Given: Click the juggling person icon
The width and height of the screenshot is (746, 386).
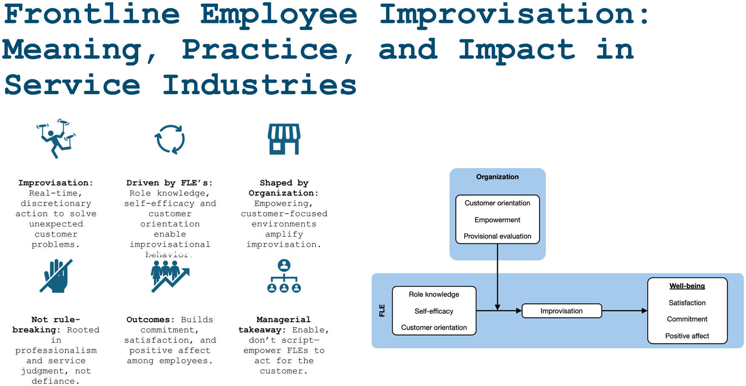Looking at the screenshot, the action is point(56,139).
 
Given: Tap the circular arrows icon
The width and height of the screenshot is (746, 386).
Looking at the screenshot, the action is point(170,139).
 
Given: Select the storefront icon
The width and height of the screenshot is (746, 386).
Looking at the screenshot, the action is point(284,139).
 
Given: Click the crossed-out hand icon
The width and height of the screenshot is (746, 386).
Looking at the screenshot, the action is point(56,276).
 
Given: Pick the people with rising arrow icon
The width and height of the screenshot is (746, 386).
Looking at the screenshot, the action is point(170,276).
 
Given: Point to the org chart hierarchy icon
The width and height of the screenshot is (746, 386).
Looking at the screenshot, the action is point(284,276).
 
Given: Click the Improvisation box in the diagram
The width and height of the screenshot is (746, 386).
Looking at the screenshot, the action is point(562,311).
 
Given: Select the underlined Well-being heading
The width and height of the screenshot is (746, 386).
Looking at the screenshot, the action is point(687,286).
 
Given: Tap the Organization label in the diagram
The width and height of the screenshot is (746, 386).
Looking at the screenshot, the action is point(497,177).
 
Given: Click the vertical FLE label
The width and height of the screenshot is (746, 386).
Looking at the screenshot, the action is point(382,311).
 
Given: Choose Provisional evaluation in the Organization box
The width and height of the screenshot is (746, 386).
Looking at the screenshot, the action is point(497,236).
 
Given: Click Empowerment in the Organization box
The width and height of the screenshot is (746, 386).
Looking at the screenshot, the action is point(497,220).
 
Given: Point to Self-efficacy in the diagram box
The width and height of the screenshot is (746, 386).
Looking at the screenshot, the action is point(434,311).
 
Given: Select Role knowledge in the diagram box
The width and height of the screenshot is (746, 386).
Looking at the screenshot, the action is point(434,295).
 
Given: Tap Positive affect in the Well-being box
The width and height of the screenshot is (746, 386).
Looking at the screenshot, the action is point(687,336).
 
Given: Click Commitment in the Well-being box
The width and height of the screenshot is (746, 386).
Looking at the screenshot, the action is point(687,319).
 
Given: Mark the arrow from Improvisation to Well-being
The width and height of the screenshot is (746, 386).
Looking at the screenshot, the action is point(625,311).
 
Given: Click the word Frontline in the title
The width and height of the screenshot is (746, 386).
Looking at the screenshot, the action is point(92,14).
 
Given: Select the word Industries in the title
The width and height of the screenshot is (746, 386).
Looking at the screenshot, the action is point(259,84).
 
